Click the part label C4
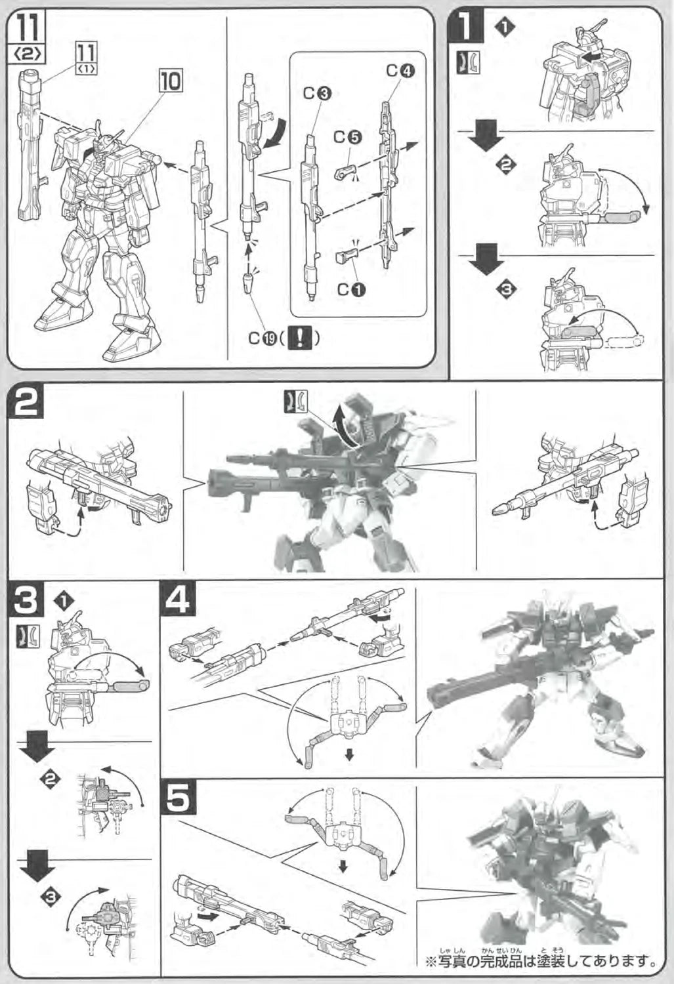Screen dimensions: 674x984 [401, 71]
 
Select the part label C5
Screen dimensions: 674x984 [348, 137]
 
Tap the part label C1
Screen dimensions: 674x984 [352, 289]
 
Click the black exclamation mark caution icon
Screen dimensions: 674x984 [299, 338]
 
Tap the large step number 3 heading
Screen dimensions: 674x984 [26, 600]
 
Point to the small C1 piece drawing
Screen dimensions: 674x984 [345, 256]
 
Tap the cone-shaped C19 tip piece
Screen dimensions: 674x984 [248, 285]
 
